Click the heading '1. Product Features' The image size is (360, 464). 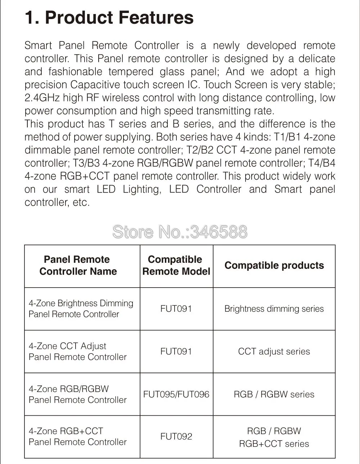109,18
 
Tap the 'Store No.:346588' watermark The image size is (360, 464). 180,232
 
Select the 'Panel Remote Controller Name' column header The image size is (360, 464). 78,265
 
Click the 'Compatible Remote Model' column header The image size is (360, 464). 176,265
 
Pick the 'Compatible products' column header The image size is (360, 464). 274,265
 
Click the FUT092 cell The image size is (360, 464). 176,436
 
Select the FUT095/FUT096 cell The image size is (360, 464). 176,394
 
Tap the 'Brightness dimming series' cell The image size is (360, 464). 274,308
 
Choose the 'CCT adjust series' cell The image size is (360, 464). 274,351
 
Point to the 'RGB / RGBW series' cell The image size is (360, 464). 274,394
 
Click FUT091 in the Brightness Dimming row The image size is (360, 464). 176,308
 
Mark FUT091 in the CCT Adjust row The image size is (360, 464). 176,351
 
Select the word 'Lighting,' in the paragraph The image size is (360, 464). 142,189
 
